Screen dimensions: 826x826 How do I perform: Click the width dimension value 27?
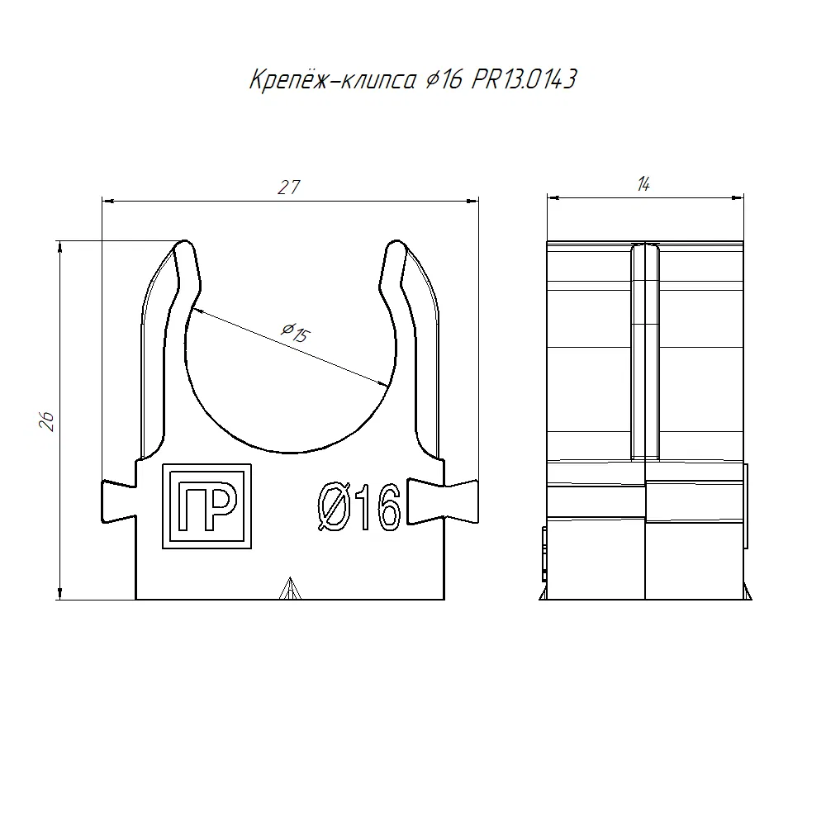(x=289, y=187)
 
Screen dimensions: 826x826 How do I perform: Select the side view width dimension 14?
(x=643, y=184)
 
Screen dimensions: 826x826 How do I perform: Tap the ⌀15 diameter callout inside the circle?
(x=296, y=332)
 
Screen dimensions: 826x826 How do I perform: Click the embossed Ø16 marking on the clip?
(x=359, y=507)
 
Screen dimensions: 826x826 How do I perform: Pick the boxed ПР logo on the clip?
(x=207, y=506)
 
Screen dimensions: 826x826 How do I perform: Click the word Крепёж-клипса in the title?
(x=333, y=79)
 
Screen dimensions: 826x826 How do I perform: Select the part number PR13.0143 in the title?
(x=525, y=79)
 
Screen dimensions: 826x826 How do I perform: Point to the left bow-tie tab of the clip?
(x=119, y=501)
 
